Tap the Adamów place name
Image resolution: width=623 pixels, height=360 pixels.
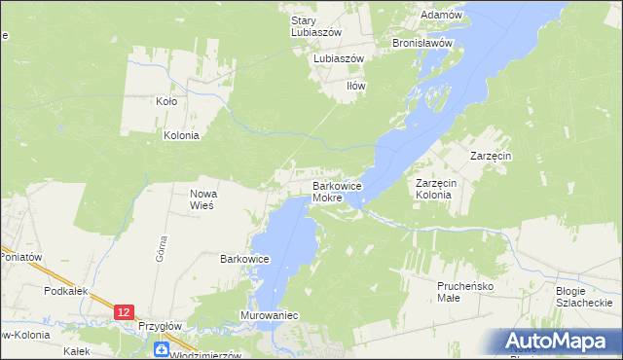coord(439,16)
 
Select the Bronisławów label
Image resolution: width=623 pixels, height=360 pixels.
coord(422,44)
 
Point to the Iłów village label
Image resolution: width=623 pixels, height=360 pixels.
coord(356,86)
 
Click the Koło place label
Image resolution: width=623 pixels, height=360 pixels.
coord(166,100)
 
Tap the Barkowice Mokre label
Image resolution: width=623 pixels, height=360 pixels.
coord(337,192)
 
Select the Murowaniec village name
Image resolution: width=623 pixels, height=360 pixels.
coord(269,316)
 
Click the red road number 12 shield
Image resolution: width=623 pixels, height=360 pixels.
coord(124,311)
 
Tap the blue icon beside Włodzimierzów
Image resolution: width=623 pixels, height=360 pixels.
coord(162,348)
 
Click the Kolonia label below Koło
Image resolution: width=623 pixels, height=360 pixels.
coord(181,135)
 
